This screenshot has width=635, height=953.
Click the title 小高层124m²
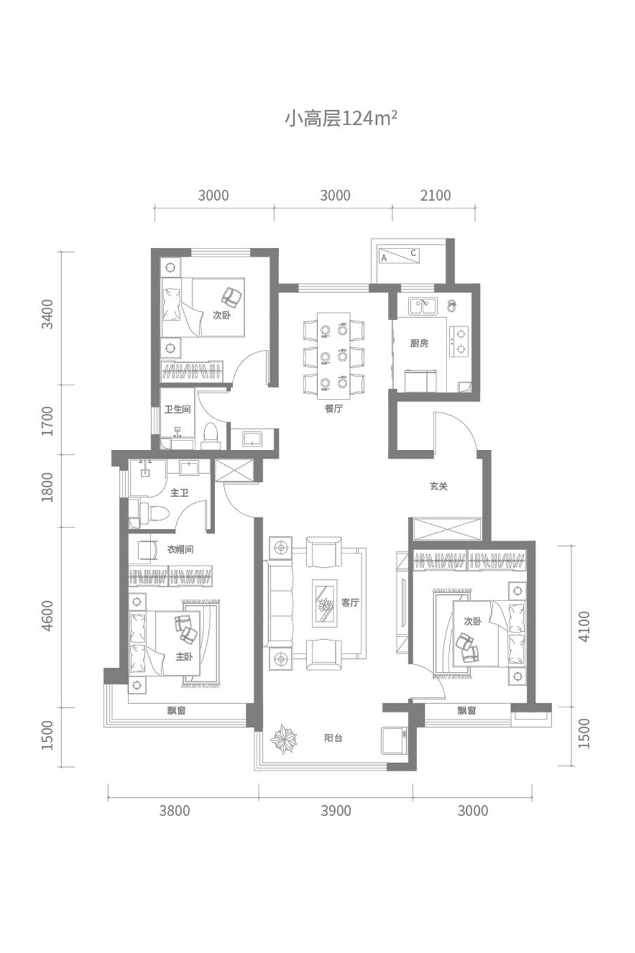(341, 118)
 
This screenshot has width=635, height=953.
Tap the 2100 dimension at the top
(435, 196)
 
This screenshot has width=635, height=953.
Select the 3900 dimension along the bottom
(336, 811)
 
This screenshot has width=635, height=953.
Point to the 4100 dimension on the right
(585, 626)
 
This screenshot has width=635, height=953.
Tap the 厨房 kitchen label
(419, 343)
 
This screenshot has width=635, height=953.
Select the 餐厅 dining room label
(333, 409)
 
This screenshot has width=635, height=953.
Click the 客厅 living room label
(350, 602)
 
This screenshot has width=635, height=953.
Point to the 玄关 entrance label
(438, 486)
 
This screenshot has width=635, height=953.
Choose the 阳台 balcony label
(333, 738)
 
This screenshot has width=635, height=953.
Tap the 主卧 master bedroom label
(184, 656)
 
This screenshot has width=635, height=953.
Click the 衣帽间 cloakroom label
(180, 549)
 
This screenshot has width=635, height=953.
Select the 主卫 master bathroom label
(179, 493)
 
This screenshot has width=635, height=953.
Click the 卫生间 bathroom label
(178, 409)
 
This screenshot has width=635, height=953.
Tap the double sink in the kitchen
(423, 306)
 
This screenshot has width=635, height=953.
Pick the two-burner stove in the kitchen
(459, 341)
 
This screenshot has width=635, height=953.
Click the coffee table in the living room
(325, 603)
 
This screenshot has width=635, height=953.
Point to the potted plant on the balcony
(284, 739)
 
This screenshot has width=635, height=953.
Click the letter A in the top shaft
(384, 258)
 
